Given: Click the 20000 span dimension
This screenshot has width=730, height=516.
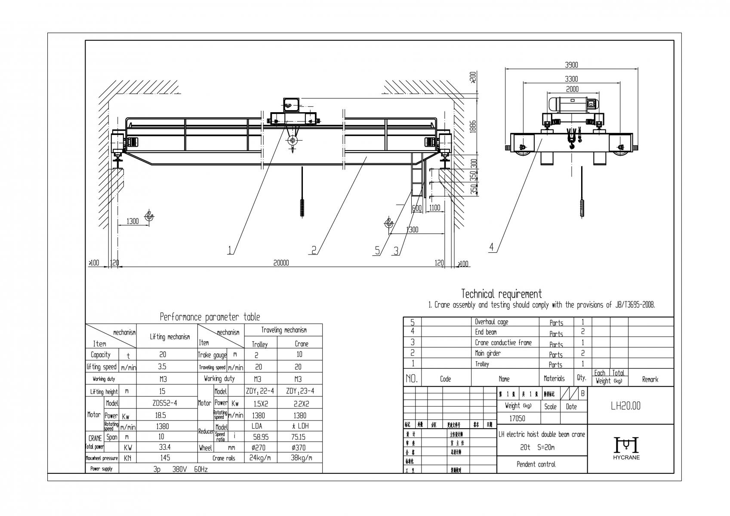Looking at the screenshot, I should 281,263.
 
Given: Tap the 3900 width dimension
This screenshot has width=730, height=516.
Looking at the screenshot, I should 571,65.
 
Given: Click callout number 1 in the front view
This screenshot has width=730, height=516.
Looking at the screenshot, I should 231,250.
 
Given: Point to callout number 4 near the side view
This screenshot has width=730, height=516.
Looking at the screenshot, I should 492,247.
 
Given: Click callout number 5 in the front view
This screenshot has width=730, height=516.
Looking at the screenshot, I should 377,250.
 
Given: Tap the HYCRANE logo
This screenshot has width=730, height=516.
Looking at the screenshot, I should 626,448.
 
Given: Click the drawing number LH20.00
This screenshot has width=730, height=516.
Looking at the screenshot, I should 625,406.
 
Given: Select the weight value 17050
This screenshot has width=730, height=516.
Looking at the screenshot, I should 518,418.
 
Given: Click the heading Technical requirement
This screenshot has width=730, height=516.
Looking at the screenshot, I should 501,294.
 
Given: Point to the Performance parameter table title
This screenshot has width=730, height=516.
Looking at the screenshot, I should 210,317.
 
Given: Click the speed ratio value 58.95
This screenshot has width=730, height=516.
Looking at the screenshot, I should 259,436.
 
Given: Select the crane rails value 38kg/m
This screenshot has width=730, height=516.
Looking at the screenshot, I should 299,458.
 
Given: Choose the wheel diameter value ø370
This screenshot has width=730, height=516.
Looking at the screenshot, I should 299,448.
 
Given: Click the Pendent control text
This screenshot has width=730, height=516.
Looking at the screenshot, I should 536,464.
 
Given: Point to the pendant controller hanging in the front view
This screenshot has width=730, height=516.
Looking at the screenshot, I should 302,208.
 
